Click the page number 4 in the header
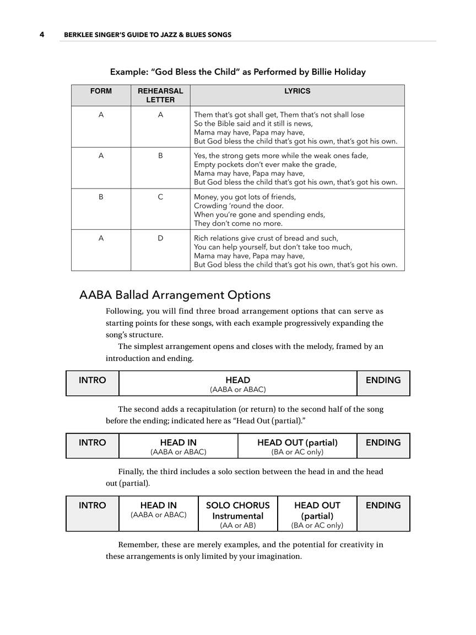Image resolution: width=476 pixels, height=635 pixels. pyautogui.click(x=42, y=35)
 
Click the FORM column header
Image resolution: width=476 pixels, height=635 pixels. pyautogui.click(x=101, y=92)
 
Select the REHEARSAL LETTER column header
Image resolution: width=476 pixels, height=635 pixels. pyautogui.click(x=160, y=95)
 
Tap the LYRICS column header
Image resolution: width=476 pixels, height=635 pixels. pyautogui.click(x=297, y=92)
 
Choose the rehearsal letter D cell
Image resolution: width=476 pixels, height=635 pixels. pyautogui.click(x=160, y=238)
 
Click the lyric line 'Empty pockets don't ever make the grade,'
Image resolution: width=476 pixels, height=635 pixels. pyautogui.click(x=265, y=164)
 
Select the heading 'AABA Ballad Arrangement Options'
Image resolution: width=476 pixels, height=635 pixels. pyautogui.click(x=175, y=295)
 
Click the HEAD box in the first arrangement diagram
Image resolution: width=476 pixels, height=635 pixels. pyautogui.click(x=237, y=384)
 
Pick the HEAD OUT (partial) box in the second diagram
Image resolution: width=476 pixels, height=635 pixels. pyautogui.click(x=297, y=446)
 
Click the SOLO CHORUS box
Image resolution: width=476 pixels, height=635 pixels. pyautogui.click(x=237, y=514)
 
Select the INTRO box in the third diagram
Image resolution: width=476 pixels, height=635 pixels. pyautogui.click(x=92, y=513)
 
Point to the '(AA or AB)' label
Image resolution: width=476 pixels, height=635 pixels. pyautogui.click(x=237, y=526)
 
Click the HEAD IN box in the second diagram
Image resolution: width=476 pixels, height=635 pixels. pyautogui.click(x=178, y=446)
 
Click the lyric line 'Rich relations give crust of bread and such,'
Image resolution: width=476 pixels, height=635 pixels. pyautogui.click(x=266, y=238)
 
